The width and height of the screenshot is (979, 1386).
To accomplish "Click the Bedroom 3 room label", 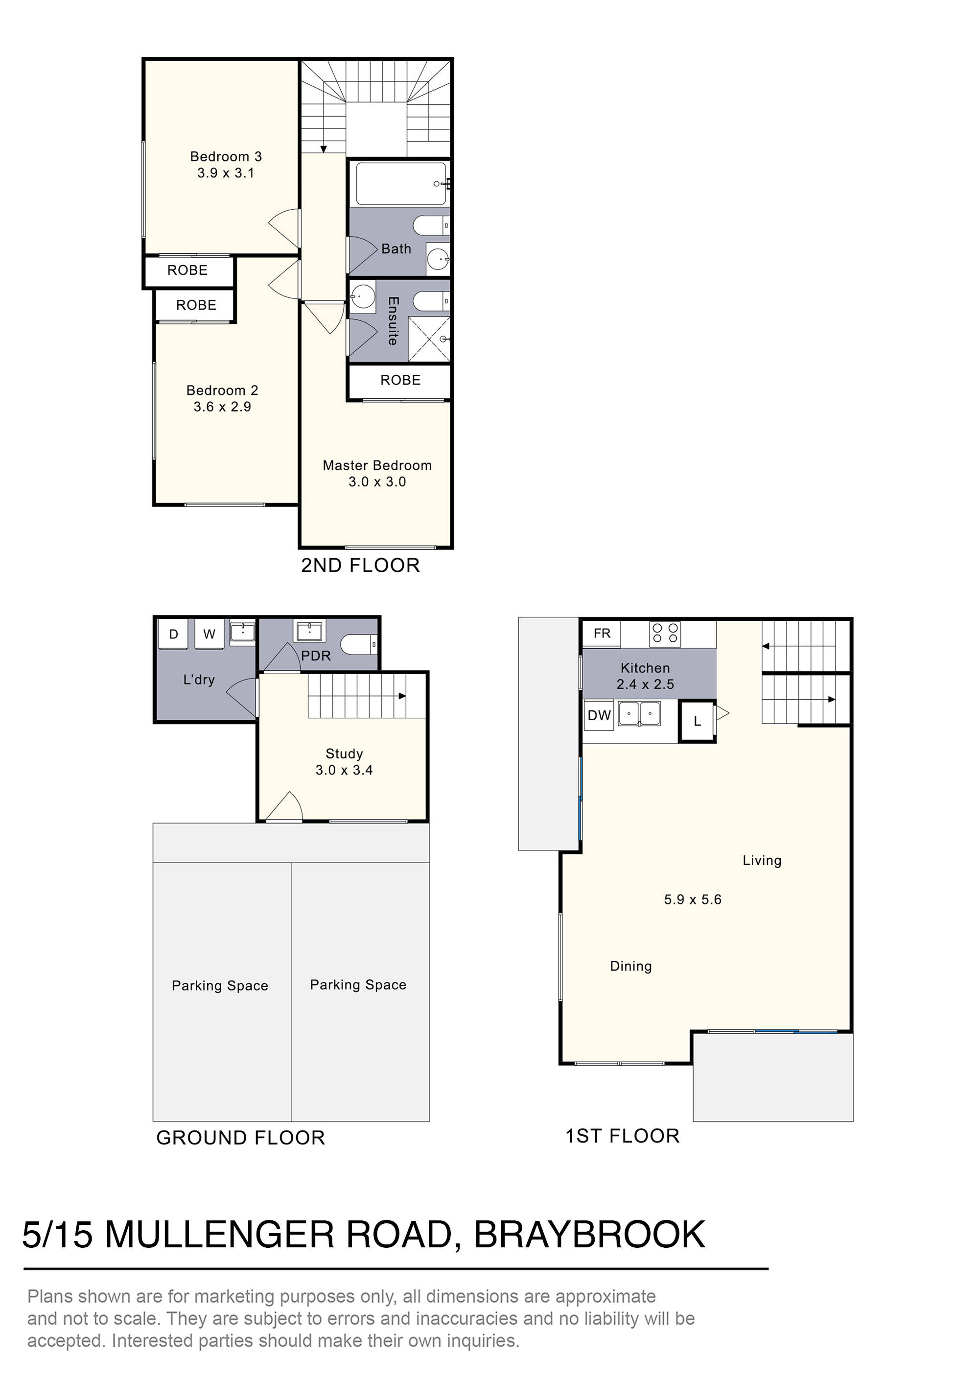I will point(226,157).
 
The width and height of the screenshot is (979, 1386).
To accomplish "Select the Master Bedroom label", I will point(377,465).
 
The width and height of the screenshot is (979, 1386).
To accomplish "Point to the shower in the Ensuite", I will point(429,339).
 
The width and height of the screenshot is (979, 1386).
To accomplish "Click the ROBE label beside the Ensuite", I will point(400,380).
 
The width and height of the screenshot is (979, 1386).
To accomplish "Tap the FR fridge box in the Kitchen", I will point(602,633).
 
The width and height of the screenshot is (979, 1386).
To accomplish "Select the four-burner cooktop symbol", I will point(665,634).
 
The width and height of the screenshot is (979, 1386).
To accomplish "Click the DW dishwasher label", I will point(599,715).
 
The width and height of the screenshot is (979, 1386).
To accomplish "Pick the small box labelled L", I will point(697,721).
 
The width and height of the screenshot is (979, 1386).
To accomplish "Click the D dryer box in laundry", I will point(173,634).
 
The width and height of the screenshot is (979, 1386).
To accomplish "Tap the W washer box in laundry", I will point(209,634).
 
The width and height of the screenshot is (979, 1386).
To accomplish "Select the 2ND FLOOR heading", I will point(360,566).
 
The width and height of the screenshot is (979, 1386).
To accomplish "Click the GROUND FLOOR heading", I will point(241,1138).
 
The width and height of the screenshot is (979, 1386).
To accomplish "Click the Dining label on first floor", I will point(630,967).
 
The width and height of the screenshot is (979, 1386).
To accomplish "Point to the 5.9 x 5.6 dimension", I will point(693,900).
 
